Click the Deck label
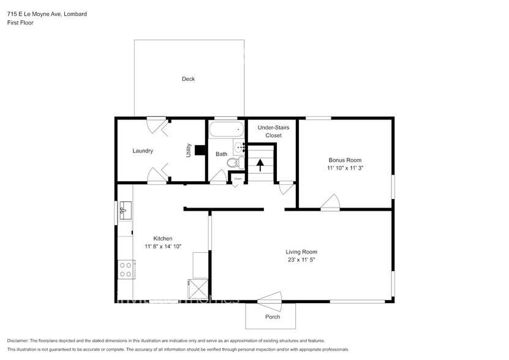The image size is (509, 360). click(x=188, y=79)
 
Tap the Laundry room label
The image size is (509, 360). click(x=143, y=151)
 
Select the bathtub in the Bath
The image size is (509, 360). click(x=226, y=130)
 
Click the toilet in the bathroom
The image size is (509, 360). click(x=232, y=163)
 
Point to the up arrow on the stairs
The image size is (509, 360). click(x=260, y=165)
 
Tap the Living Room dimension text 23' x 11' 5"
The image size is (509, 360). click(x=301, y=260)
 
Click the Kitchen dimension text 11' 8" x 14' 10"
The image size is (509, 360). click(x=163, y=247)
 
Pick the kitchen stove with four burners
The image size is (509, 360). click(x=126, y=269)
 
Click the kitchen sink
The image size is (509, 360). click(x=125, y=210)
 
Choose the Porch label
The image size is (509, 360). click(x=273, y=317)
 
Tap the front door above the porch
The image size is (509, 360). click(x=270, y=298)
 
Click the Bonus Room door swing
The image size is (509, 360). click(x=331, y=203)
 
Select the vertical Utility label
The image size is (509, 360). click(x=189, y=151)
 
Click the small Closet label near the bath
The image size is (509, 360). click(x=238, y=179)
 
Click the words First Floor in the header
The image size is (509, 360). click(x=20, y=23)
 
